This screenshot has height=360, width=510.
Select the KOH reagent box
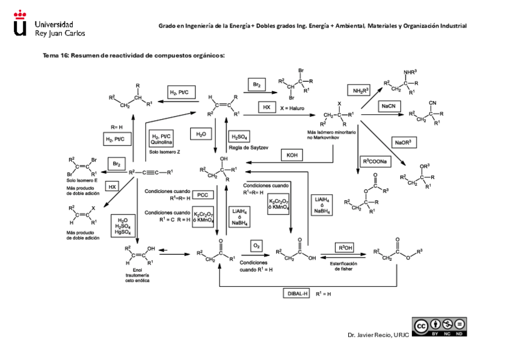(x=292, y=155)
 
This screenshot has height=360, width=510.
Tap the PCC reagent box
(x=202, y=195)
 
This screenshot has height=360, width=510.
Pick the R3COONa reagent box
(x=375, y=162)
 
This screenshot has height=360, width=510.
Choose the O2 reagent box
(x=256, y=246)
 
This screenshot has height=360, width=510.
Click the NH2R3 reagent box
(x=359, y=90)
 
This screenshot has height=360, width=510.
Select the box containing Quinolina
(x=162, y=139)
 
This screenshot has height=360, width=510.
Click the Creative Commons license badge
(x=438, y=326)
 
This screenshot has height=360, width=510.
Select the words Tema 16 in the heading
(x=55, y=55)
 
